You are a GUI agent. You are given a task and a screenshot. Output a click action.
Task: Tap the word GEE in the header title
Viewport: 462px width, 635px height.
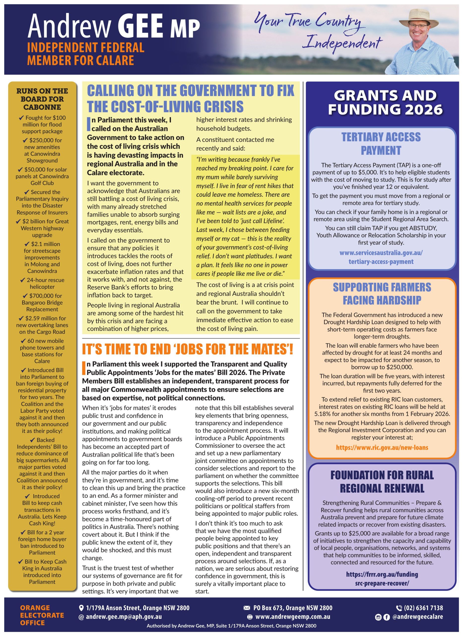[x=140, y=26]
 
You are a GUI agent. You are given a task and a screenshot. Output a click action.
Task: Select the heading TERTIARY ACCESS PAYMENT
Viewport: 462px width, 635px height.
[x=381, y=143]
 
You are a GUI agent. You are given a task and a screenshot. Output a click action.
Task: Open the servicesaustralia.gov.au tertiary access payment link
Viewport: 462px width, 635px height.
[x=381, y=257]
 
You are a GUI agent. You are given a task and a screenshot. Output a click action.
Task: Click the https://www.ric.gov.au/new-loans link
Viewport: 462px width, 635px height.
[x=382, y=447]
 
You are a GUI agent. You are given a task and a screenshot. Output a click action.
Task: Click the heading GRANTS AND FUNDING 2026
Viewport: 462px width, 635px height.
[x=385, y=102]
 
